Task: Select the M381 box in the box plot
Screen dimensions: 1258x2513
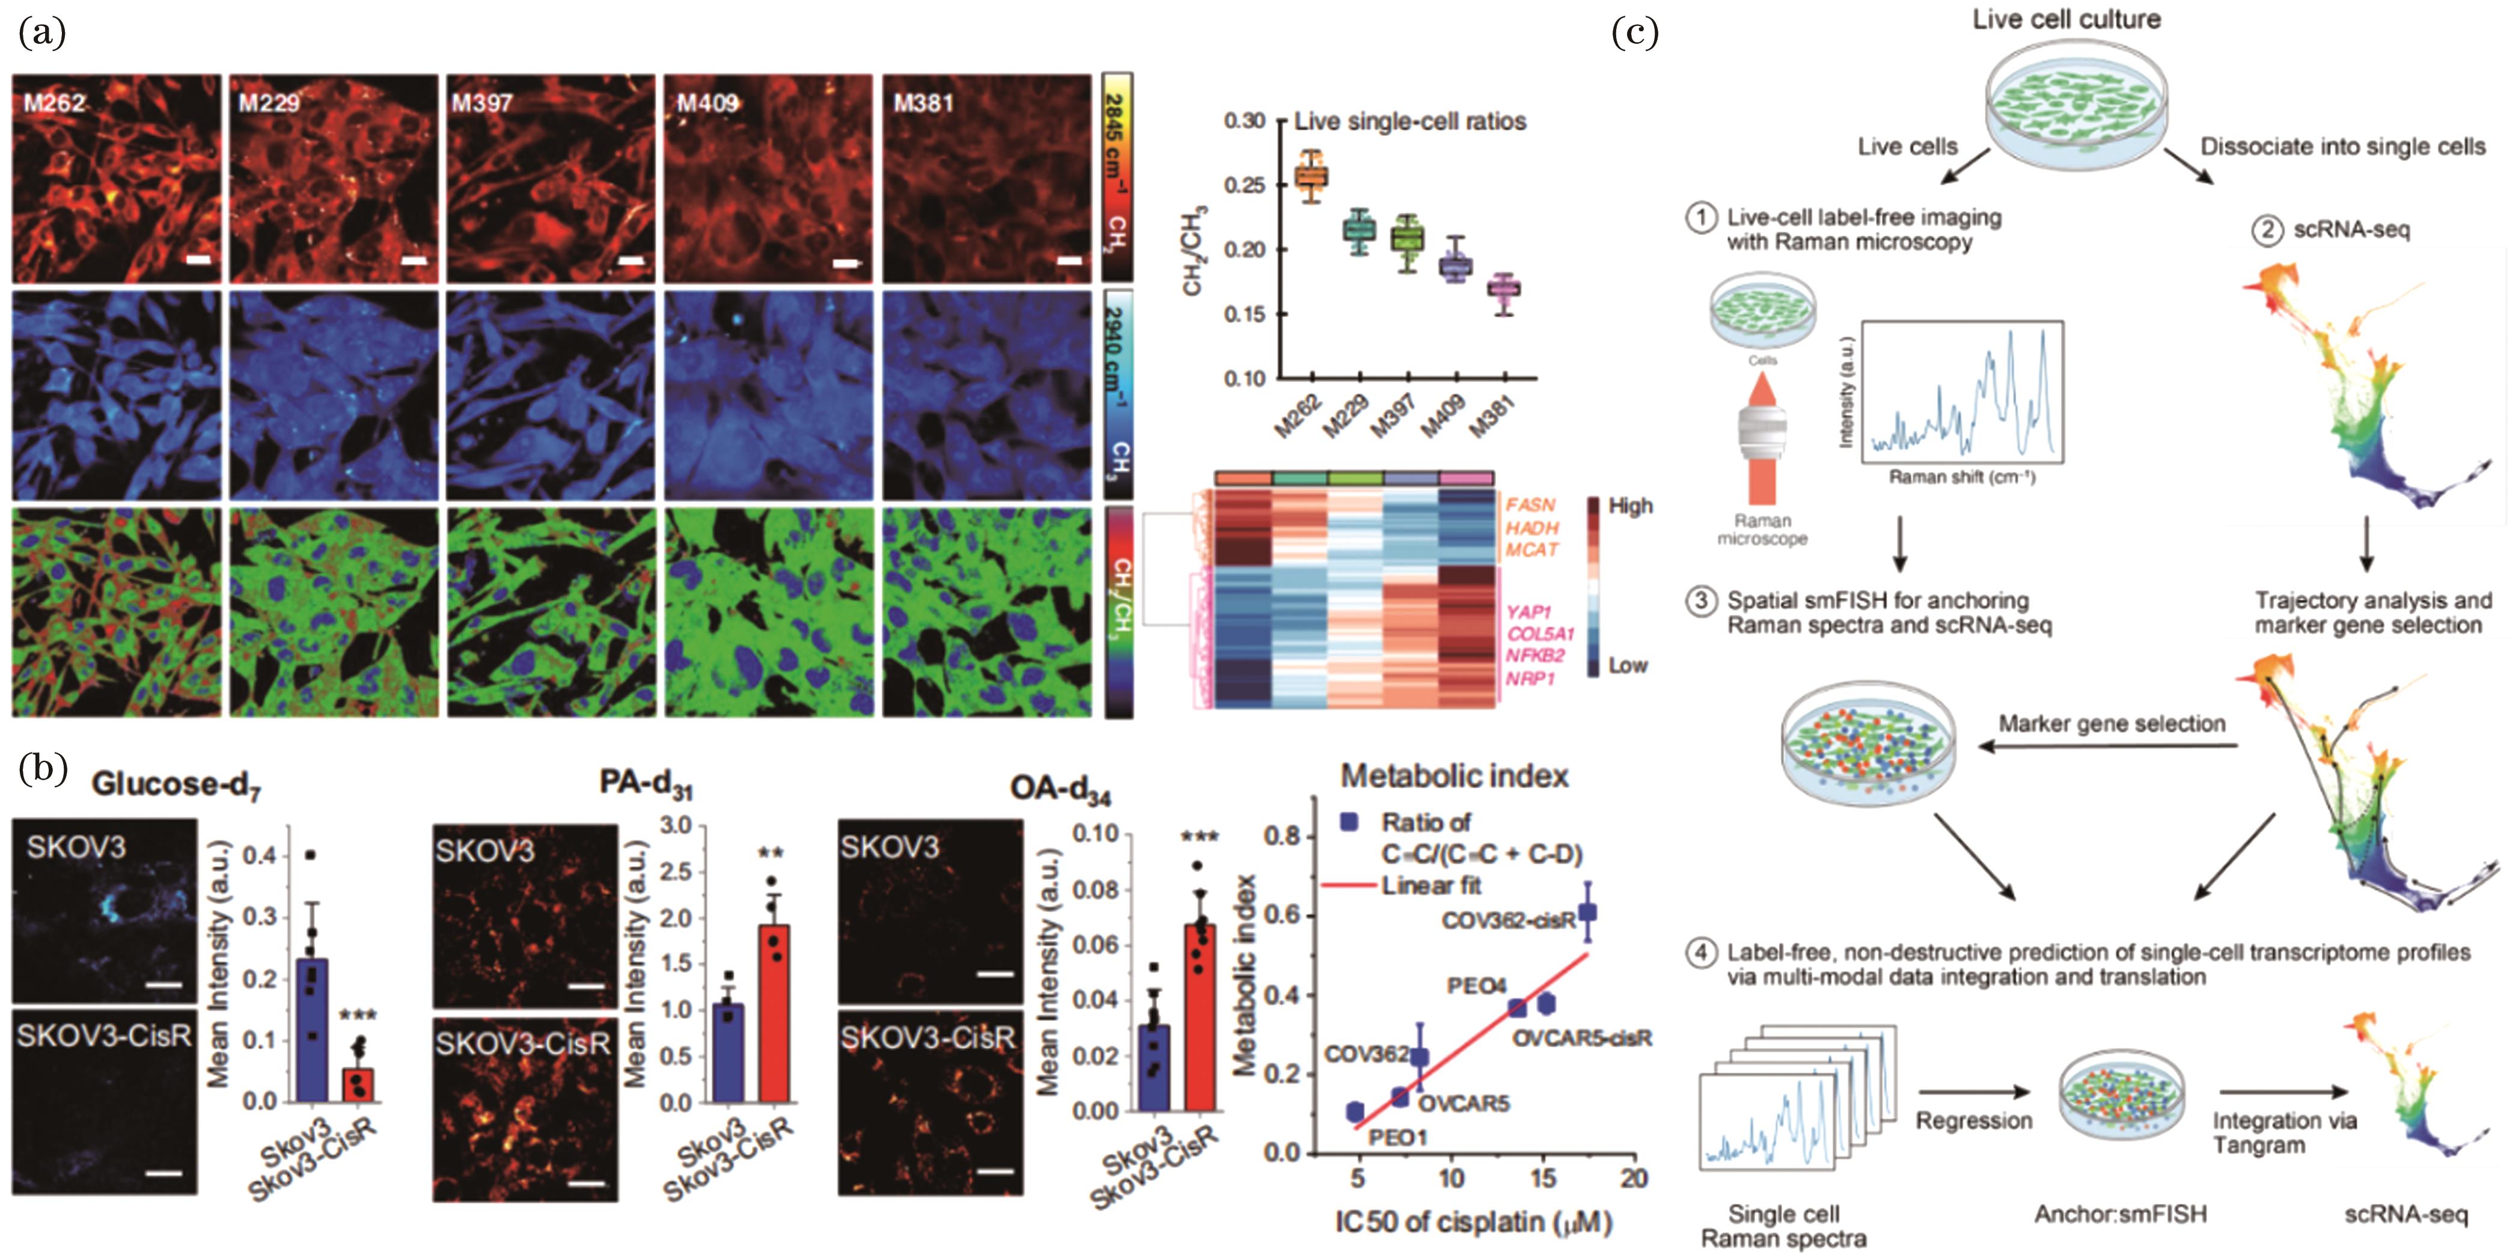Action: click(1503, 289)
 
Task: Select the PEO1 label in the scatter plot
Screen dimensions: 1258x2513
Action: click(1397, 1137)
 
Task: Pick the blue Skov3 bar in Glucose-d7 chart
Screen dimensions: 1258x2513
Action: click(312, 1030)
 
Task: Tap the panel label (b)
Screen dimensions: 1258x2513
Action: click(43, 769)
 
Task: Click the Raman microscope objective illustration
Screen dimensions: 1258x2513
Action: click(1762, 429)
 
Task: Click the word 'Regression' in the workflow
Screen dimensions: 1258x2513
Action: click(1973, 1120)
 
